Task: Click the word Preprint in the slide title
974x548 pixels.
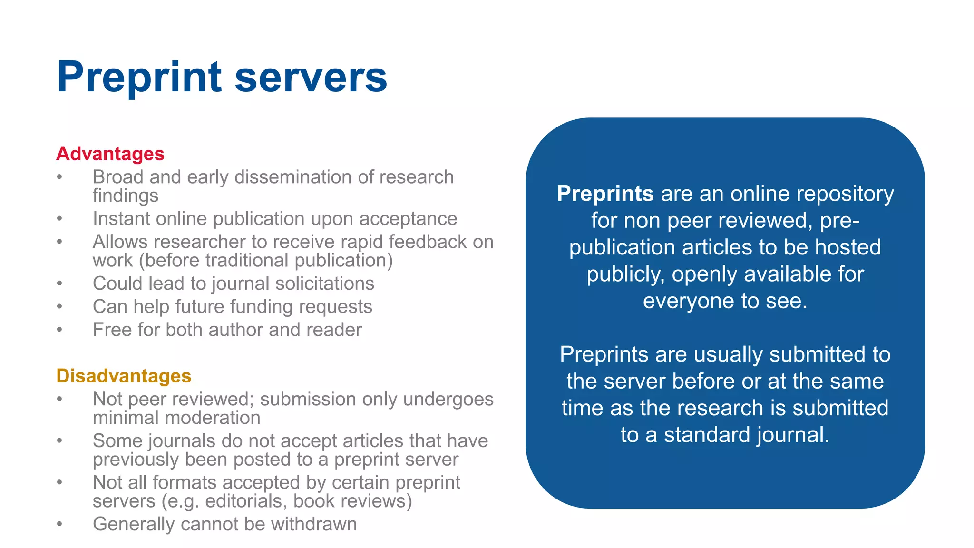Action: pos(139,78)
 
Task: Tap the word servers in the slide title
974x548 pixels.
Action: pos(311,78)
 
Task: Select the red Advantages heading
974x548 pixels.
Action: pos(110,154)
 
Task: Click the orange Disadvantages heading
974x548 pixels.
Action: pos(124,376)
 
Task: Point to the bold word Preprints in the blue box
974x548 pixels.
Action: pos(605,194)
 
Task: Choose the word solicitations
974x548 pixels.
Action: pos(324,284)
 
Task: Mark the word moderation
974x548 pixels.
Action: pos(210,418)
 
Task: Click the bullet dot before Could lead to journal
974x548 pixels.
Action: pos(59,284)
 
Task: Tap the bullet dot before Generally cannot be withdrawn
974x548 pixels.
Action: pos(59,524)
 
